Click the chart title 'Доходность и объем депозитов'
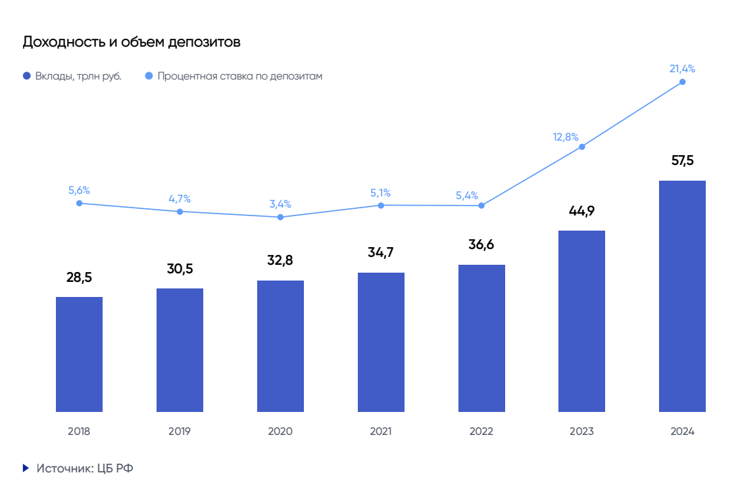click(x=132, y=42)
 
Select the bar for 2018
click(x=79, y=354)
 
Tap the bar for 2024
click(x=682, y=296)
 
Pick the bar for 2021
click(x=381, y=342)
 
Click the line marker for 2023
click(x=582, y=147)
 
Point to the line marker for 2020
click(x=280, y=217)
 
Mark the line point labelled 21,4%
click(x=682, y=81)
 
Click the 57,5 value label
click(x=682, y=160)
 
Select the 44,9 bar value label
click(x=581, y=211)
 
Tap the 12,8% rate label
click(x=566, y=137)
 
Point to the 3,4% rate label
click(x=280, y=204)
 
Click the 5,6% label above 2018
click(x=79, y=191)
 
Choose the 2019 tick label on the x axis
click(x=180, y=432)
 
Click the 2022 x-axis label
click(x=481, y=432)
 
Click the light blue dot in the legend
click(x=148, y=76)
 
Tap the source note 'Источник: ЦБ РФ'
click(x=85, y=468)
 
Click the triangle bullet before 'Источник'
click(x=26, y=468)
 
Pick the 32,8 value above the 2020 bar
click(x=280, y=260)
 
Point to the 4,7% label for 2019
click(x=180, y=198)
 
